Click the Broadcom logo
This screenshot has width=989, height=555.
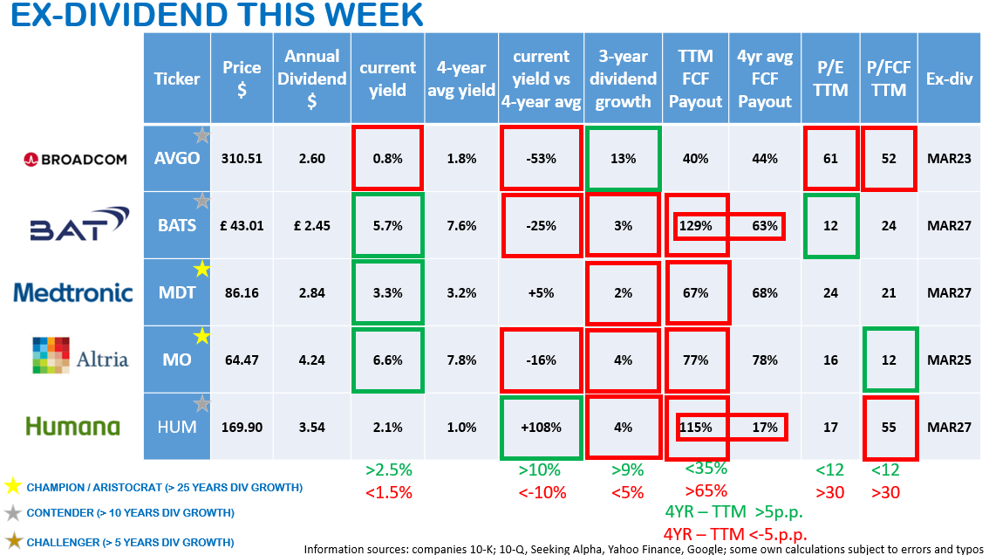[x=75, y=159]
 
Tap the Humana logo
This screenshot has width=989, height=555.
[x=72, y=427]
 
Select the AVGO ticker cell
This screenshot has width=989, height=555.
[x=177, y=159]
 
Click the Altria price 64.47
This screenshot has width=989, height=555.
[x=242, y=360]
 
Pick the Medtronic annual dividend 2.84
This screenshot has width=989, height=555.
[x=311, y=292]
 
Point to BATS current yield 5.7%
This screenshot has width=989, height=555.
[x=387, y=226]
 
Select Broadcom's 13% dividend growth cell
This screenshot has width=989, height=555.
[x=623, y=159]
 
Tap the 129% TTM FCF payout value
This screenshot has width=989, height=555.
[x=696, y=226]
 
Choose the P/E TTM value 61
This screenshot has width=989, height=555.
[x=830, y=159]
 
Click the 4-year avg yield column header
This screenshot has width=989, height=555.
[x=461, y=79]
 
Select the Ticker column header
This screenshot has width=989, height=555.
[x=177, y=79]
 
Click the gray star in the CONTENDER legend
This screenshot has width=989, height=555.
[x=13, y=512]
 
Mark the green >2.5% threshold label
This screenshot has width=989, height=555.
[x=390, y=470]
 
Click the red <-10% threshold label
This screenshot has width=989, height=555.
[x=541, y=492]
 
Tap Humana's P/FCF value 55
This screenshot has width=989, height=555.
[x=888, y=427]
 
